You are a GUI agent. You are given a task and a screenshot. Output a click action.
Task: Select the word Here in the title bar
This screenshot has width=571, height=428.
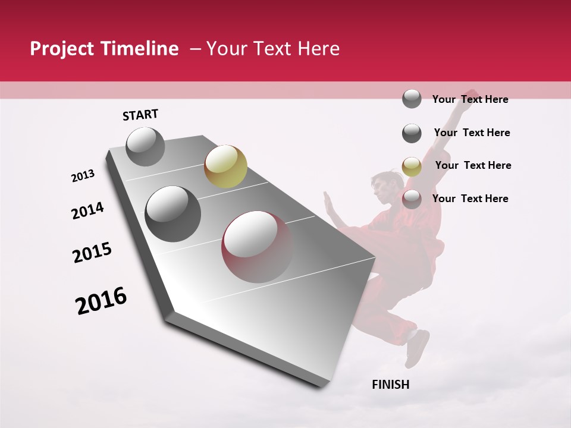318,49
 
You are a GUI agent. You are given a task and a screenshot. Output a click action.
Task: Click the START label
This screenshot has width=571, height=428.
140,115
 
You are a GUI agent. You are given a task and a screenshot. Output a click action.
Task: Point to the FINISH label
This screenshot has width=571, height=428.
391,385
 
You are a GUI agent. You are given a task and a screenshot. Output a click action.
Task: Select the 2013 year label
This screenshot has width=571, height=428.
83,176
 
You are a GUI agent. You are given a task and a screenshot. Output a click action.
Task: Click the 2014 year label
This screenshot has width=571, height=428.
87,210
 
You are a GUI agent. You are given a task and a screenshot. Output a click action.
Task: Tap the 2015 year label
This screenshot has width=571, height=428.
92,253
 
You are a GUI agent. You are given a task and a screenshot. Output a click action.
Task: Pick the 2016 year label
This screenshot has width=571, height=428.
101,300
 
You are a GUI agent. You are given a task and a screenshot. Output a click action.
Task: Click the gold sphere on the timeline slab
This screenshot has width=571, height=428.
225,166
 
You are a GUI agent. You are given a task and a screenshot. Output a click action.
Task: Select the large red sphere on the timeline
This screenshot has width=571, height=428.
257,247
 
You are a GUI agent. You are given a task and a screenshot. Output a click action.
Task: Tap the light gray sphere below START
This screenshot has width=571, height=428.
145,146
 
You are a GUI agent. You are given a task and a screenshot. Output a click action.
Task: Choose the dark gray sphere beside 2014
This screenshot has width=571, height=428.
173,213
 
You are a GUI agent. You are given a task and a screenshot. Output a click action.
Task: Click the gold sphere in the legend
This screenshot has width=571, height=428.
412,166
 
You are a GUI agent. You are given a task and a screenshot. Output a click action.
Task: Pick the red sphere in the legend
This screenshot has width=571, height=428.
412,200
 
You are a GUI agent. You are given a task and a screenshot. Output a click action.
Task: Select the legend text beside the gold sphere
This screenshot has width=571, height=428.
473,165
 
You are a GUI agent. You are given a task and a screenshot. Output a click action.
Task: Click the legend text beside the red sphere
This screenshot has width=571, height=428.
470,199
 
